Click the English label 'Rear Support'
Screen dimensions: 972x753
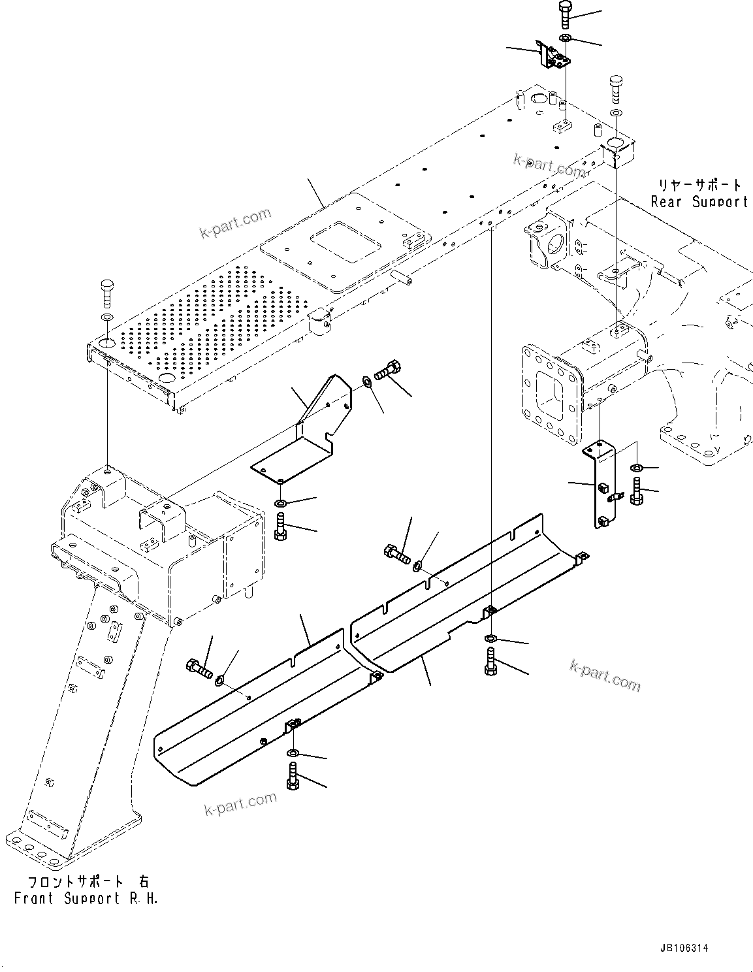699,202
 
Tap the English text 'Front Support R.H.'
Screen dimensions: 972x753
86,898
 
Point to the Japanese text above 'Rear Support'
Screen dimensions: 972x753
699,184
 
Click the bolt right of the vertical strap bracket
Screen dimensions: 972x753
636,491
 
